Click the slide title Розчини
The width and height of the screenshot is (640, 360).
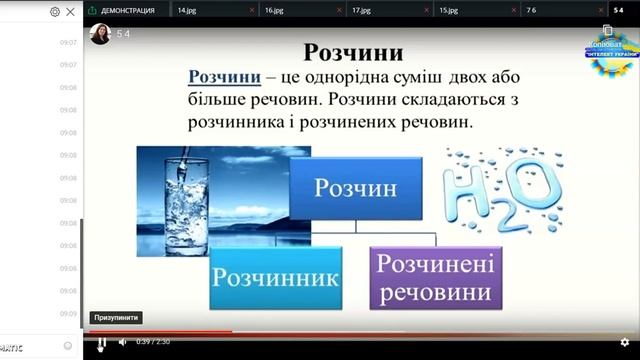tap(353, 51)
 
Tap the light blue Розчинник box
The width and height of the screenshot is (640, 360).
tap(276, 277)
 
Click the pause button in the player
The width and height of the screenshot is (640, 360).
tap(101, 342)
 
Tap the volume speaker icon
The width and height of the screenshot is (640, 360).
tap(123, 342)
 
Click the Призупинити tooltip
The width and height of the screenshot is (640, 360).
tap(116, 318)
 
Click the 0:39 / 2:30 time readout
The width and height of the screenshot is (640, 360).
tap(156, 342)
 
